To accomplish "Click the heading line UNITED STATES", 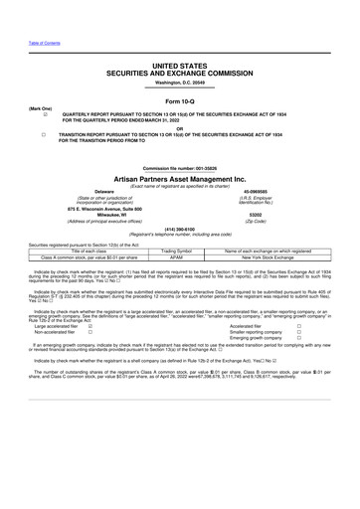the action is [x=180, y=64].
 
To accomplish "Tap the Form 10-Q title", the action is [x=180, y=101].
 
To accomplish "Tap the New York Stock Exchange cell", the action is [x=269, y=256].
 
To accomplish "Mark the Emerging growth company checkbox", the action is [x=297, y=338].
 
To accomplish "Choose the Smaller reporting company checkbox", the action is [x=297, y=331].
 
